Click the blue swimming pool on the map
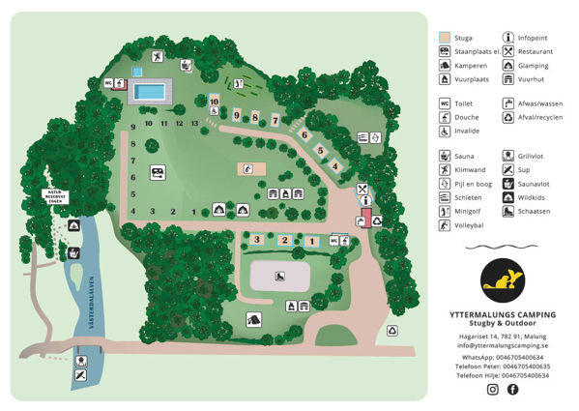coord(150,92)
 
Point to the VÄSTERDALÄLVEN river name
coord(94,305)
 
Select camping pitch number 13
coord(195,124)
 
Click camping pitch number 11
coord(164,124)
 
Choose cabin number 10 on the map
coord(214,101)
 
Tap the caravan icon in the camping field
coord(157,173)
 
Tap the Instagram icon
coord(493,389)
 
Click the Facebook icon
coord(513,389)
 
